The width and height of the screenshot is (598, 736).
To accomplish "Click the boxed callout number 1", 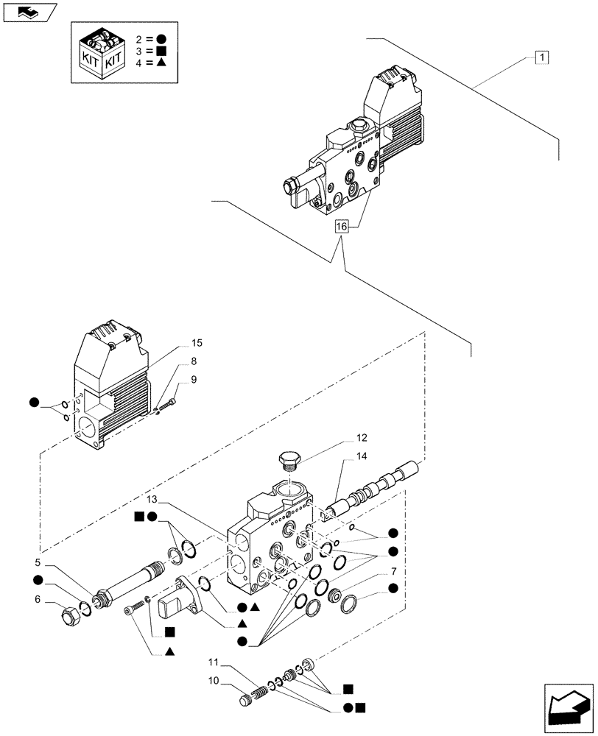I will pos(542,57).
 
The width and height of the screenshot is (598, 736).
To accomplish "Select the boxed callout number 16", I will pos(341,227).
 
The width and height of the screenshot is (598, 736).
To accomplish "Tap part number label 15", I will pos(196,343).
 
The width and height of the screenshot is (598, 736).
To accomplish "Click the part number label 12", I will pos(342,437).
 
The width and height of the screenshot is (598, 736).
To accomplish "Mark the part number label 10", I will pos(213,680).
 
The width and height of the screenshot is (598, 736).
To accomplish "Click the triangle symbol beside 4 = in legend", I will pos(162,64).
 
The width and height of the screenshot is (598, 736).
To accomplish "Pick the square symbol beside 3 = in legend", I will pos(162,51).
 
